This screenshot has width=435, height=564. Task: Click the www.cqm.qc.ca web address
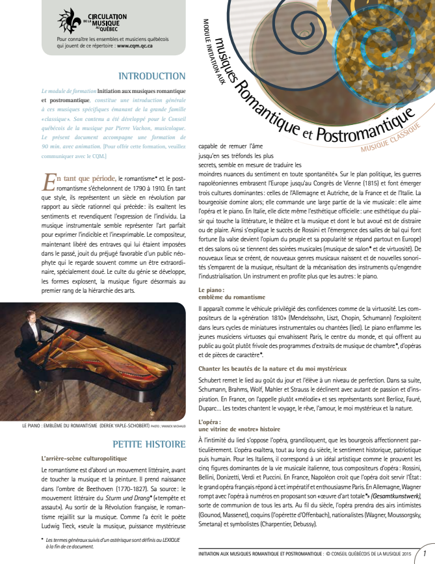(135, 46)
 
